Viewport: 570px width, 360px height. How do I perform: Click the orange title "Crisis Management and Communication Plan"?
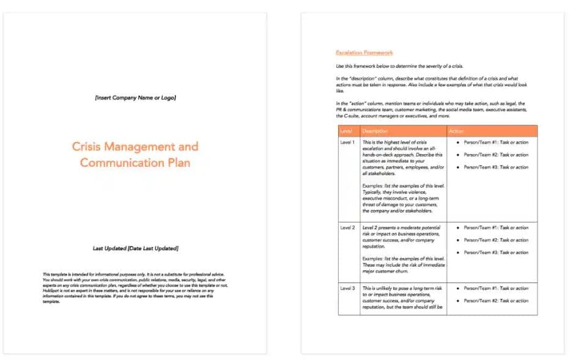pyautogui.click(x=135, y=155)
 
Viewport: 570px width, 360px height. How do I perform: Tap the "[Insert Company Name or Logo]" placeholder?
pyautogui.click(x=135, y=98)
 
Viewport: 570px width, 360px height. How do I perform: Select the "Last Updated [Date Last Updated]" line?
pyautogui.click(x=135, y=249)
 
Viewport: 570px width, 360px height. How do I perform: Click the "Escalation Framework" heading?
pyautogui.click(x=365, y=53)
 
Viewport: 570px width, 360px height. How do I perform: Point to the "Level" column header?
pyautogui.click(x=346, y=131)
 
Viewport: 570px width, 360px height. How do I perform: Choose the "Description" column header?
pyautogui.click(x=375, y=131)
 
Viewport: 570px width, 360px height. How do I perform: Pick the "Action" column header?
pyautogui.click(x=456, y=131)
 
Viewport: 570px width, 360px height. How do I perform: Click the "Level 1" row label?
pyautogui.click(x=347, y=142)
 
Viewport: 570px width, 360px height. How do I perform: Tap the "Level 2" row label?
pyautogui.click(x=347, y=228)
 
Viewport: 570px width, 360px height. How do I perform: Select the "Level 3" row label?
pyautogui.click(x=347, y=288)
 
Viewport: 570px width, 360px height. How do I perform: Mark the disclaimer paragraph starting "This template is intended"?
pyautogui.click(x=135, y=287)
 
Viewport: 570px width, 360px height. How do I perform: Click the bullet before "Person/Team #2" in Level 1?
pyautogui.click(x=457, y=155)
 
